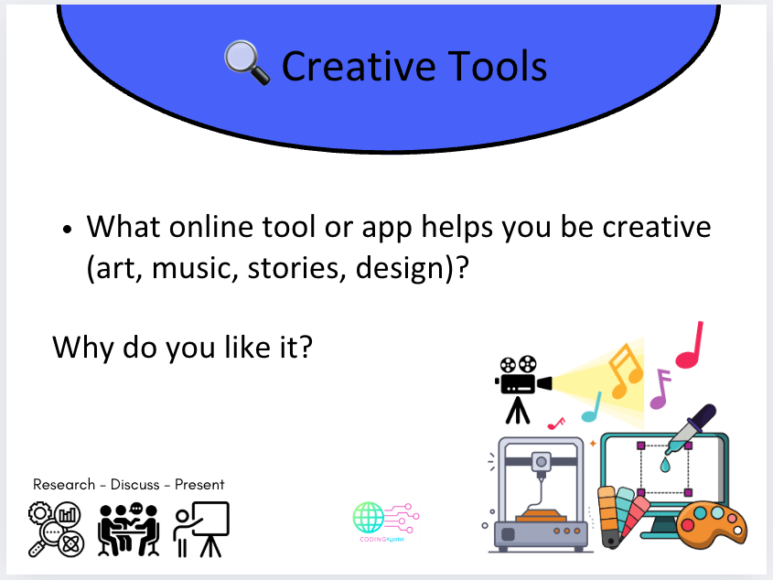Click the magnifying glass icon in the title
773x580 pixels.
pos(247,65)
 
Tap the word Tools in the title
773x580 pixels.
pos(499,66)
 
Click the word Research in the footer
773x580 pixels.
pos(65,484)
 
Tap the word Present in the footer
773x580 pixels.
pos(199,484)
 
